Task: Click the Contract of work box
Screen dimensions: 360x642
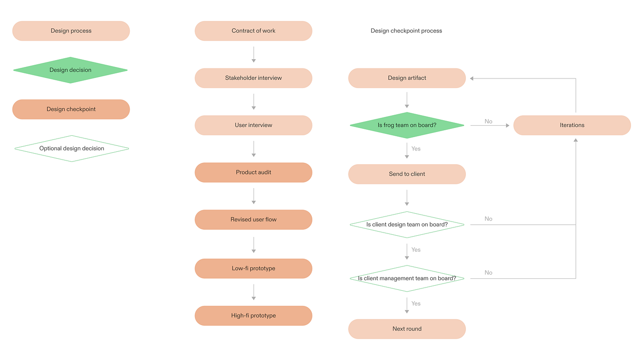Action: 253,31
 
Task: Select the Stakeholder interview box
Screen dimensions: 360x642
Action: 253,78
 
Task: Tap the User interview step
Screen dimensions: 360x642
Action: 253,125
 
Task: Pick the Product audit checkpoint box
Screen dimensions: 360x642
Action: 253,172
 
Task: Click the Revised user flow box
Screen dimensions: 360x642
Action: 253,220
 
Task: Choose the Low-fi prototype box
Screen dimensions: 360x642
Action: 253,268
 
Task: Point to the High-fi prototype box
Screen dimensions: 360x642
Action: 253,316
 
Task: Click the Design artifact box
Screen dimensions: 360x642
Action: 407,78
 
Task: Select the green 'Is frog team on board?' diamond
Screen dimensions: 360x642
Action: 407,125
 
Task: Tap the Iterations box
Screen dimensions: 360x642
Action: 572,125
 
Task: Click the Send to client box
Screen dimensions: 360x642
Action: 407,174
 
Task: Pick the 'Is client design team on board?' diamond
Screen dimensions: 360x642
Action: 407,225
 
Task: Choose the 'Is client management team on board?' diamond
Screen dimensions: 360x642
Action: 407,278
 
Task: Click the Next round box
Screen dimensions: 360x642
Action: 407,329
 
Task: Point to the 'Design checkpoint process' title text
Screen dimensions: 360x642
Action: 406,31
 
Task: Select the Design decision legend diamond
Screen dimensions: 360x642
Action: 71,70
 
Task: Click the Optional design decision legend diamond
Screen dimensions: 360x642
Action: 72,149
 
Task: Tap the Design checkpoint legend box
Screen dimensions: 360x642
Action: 71,110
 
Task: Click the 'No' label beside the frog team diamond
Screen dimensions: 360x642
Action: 488,122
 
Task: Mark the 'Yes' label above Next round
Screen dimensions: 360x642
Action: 416,304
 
